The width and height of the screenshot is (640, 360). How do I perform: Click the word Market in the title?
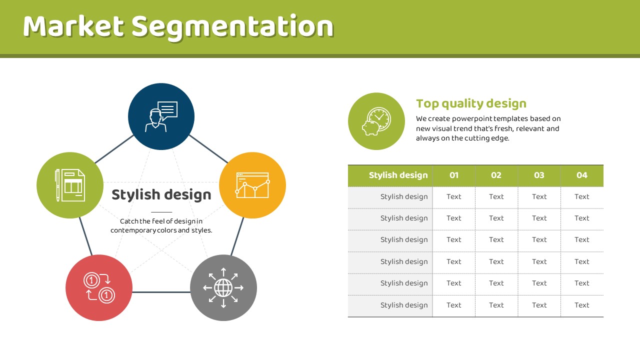73,26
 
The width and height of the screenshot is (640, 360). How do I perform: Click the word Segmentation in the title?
232,28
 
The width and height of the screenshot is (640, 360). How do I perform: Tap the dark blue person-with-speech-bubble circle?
161,116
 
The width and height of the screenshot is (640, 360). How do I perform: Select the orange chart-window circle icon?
252,185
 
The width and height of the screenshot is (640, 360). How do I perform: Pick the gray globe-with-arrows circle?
223,287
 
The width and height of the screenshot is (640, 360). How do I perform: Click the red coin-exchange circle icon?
99,287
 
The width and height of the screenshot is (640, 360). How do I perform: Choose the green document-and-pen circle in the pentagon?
70,185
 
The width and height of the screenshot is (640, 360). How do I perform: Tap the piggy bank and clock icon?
376,121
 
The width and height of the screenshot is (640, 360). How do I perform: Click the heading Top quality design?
471,104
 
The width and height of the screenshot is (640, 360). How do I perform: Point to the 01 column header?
454,175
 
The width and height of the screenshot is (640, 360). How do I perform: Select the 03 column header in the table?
539,175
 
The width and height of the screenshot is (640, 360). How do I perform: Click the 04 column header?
582,175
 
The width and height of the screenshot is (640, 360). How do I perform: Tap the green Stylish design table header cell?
390,175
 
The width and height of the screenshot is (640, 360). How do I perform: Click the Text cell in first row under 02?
496,196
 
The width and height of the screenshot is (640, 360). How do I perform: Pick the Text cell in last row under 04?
582,305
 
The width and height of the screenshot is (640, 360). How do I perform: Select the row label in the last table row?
404,305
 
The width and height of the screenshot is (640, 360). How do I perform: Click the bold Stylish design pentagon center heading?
161,195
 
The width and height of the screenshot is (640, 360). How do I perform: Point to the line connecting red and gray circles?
161,292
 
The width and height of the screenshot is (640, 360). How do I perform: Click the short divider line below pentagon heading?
161,212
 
